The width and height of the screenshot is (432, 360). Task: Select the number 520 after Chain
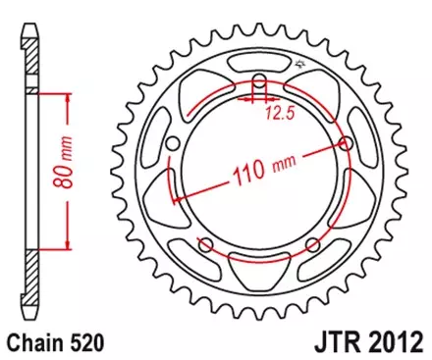[84, 345]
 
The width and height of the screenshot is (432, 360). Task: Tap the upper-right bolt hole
[347, 144]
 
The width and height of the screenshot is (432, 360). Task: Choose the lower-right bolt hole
[312, 244]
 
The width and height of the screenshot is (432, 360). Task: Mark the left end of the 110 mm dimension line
[175, 199]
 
